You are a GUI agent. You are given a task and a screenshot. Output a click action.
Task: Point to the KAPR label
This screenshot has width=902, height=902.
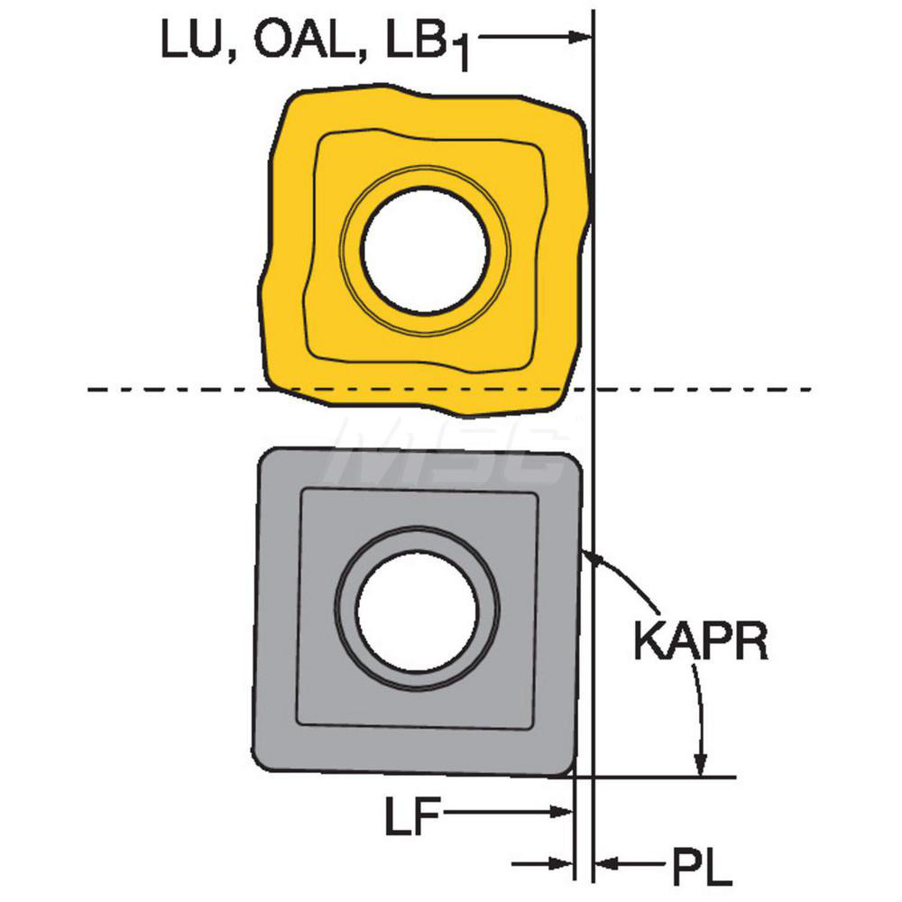click(701, 640)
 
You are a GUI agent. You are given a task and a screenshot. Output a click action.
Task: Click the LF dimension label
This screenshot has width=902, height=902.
click(412, 815)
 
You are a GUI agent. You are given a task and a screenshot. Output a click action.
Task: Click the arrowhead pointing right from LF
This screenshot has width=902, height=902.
click(561, 813)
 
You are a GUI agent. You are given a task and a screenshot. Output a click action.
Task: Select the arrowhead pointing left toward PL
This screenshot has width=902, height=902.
click(606, 863)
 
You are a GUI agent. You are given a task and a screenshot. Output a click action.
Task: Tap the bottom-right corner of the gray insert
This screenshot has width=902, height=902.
click(573, 774)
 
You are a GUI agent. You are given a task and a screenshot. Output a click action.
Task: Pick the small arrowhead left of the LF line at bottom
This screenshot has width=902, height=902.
click(561, 863)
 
